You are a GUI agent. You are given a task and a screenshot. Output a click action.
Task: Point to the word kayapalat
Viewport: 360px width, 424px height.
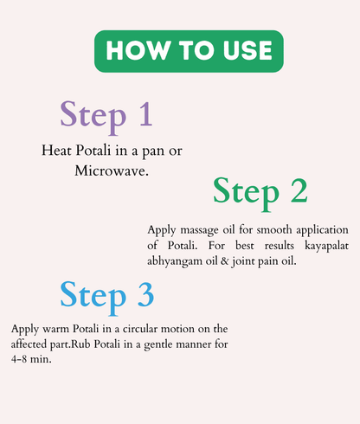tap(322, 246)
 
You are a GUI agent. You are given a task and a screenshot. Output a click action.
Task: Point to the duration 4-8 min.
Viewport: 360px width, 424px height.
tap(32, 359)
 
